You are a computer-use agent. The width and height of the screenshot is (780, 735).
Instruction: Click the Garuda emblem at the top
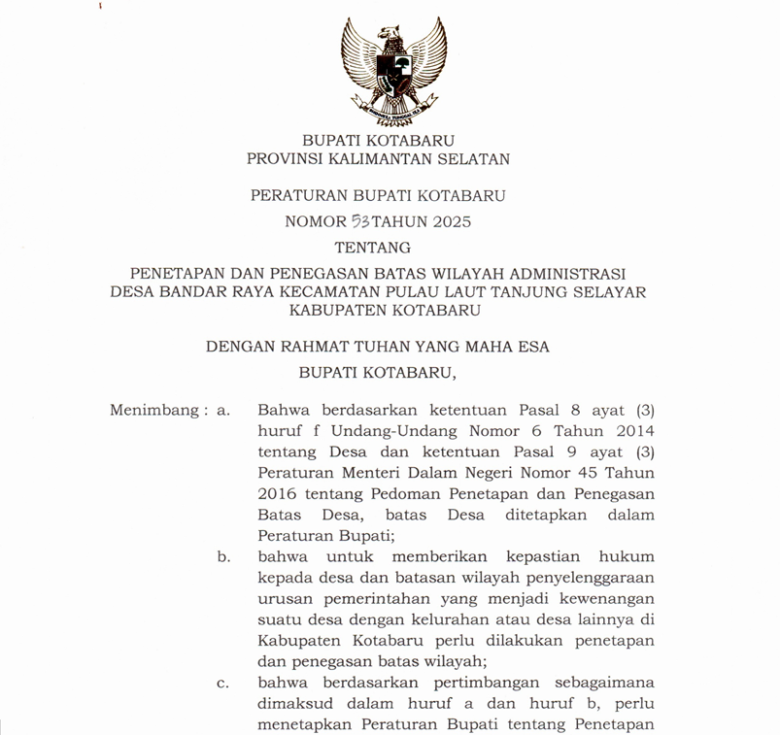coord(393,66)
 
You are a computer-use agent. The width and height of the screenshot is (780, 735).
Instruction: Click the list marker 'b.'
coord(223,557)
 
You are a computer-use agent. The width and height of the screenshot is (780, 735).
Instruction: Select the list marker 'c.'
coord(223,683)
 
